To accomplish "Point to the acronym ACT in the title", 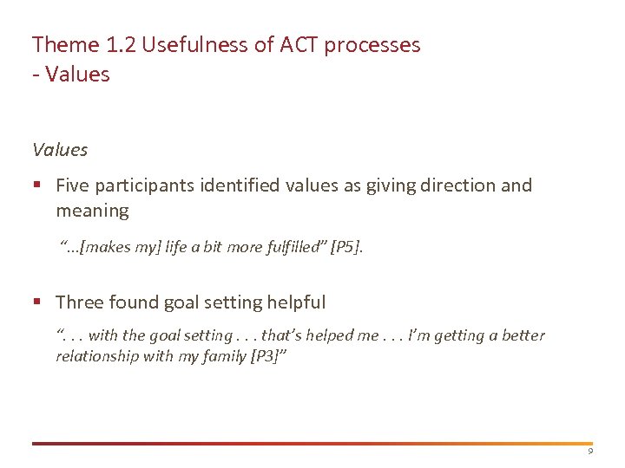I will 299,45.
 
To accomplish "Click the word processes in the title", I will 373,45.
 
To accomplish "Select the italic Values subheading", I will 60,150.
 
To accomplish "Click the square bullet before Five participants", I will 37,185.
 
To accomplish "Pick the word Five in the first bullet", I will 73,185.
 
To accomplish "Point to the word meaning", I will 92,211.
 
